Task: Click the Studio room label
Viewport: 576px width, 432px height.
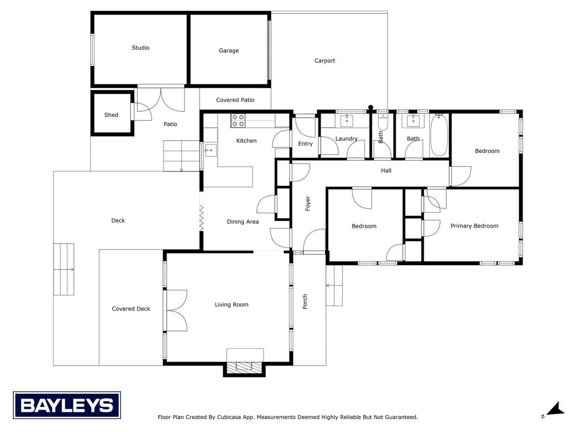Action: (140, 48)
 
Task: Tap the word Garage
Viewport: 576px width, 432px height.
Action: (229, 51)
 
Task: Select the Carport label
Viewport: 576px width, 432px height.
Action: (325, 61)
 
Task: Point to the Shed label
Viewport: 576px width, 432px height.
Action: (111, 115)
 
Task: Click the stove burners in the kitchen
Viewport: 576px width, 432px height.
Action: (238, 121)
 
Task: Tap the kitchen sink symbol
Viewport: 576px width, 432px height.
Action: (211, 150)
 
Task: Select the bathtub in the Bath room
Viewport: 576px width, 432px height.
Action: (439, 135)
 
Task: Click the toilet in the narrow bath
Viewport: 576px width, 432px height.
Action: (382, 121)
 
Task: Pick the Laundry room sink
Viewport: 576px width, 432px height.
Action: (347, 120)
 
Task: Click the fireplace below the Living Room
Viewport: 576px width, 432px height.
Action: (245, 368)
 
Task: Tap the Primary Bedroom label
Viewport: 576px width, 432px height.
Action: (475, 226)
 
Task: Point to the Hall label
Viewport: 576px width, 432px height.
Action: (386, 171)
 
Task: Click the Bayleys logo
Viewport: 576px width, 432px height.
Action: (67, 406)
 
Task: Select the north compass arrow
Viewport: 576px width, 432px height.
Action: (554, 409)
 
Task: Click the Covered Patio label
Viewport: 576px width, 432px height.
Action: (235, 100)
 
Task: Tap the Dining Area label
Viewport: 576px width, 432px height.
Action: (243, 222)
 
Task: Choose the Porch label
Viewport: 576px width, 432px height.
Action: (305, 302)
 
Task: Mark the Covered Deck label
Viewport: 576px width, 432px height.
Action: (131, 309)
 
